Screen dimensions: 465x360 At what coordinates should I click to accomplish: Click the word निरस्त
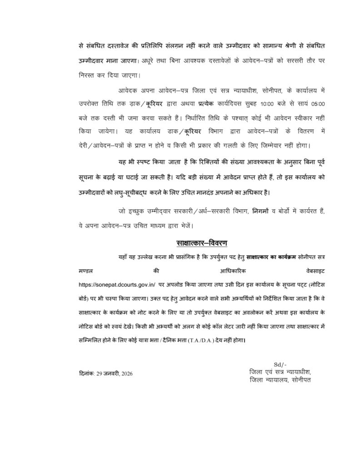pos(86,74)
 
